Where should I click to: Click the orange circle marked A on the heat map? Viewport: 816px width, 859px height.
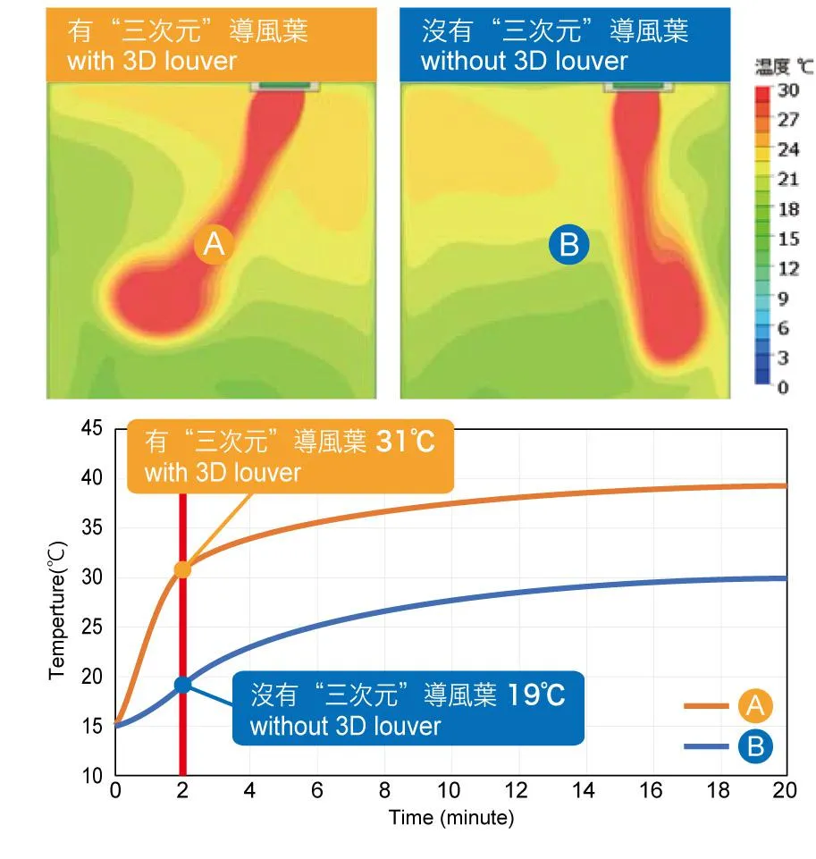click(x=215, y=244)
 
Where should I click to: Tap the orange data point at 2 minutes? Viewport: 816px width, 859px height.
click(x=182, y=569)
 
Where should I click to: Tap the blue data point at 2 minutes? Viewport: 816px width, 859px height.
click(x=182, y=685)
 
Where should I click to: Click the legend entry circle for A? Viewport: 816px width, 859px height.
click(x=755, y=706)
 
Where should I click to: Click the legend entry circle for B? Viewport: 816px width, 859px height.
click(x=755, y=745)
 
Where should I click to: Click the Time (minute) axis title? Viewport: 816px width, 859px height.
click(x=450, y=818)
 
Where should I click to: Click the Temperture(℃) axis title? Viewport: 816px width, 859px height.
click(x=56, y=608)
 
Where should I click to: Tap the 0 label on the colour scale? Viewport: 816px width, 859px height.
click(x=784, y=388)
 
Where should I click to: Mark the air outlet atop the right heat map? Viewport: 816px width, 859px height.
click(x=637, y=87)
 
